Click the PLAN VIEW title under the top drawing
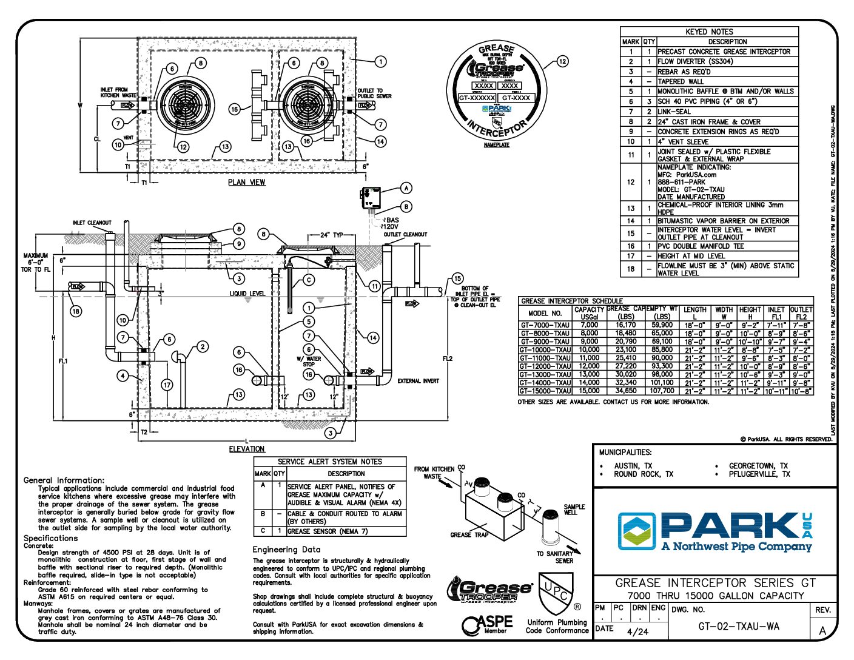[246, 182]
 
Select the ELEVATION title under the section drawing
[246, 449]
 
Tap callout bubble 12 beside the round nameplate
[562, 61]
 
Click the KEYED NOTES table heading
[709, 32]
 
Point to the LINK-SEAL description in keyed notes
[674, 112]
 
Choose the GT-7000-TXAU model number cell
[545, 325]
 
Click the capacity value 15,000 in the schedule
[589, 391]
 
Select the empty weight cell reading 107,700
[662, 391]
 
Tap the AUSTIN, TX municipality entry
[633, 466]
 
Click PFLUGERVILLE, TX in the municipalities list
[759, 474]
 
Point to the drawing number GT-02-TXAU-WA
[738, 627]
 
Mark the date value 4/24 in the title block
[637, 631]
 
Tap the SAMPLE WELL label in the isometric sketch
[574, 510]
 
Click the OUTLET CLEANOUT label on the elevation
[405, 234]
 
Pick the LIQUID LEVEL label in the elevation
[247, 294]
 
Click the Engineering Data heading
[286, 550]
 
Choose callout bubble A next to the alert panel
[406, 189]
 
